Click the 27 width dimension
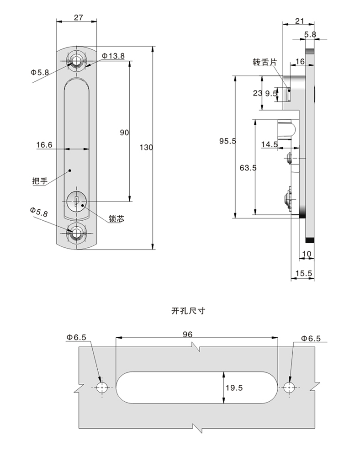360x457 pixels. coord(78,17)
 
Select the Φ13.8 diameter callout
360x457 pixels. coord(113,56)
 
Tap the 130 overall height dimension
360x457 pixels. coord(146,148)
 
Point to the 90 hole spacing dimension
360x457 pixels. coord(124,133)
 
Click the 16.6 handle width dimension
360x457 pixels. coord(44,144)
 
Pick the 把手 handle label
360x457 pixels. coord(40,181)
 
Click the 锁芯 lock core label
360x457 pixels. coord(116,218)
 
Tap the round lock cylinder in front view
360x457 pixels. coord(76,202)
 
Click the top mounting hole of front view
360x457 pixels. coord(77,62)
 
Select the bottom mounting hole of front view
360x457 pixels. coord(77,234)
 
